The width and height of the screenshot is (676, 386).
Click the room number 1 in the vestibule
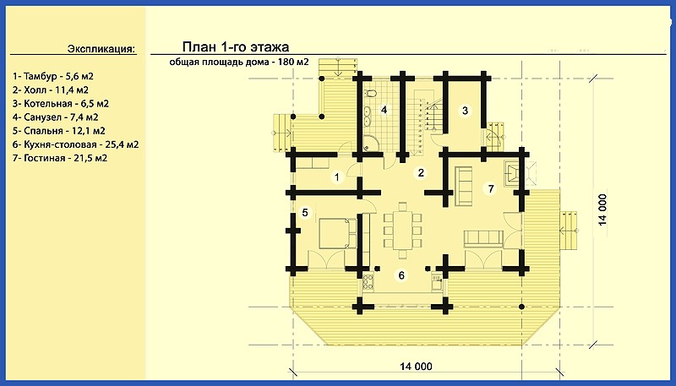pos(337,177)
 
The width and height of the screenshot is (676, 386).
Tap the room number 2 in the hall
pos(421,173)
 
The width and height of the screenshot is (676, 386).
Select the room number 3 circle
pos(465,111)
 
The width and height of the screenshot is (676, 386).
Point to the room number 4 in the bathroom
pos(384,110)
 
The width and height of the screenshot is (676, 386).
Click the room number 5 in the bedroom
pos(305,212)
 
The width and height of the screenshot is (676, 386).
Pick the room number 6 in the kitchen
pos(401,275)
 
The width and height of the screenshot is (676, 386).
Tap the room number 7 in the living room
pos(490,188)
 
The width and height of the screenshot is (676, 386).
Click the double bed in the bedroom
pos(337,233)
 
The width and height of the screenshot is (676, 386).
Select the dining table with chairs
pos(403,230)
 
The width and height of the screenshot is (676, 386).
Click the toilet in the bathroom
pos(371,93)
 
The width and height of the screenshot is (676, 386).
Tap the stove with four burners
pos(368,281)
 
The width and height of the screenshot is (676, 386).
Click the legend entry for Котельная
pos(61,103)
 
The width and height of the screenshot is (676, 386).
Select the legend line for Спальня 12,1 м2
pos(59,131)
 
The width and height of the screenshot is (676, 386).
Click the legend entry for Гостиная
pos(60,158)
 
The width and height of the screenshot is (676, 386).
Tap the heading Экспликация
pos(101,49)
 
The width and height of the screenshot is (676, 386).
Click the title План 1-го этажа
pos(236,46)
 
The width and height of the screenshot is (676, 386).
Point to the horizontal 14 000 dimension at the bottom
pos(416,367)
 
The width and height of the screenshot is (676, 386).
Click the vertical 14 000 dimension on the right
pos(602,209)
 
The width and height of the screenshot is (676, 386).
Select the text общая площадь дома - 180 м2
pos(239,62)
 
